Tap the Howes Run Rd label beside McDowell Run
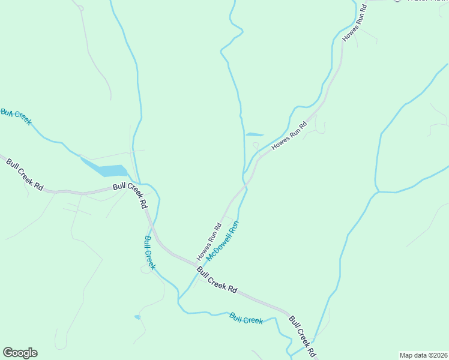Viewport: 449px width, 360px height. [209, 242]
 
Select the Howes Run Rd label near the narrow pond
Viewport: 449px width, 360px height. [289, 136]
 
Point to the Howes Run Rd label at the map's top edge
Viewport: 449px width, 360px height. [354, 23]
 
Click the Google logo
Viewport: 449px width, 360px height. [20, 353]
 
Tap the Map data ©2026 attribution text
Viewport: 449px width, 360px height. [424, 355]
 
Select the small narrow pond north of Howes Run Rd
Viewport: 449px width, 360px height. [255, 134]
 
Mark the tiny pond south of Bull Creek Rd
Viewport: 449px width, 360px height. [137, 317]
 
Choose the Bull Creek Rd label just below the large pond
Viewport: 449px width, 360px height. [130, 196]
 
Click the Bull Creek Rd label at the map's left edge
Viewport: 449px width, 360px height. [25, 175]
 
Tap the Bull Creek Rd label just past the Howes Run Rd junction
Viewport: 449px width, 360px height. [216, 280]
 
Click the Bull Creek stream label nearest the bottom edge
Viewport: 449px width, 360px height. [246, 318]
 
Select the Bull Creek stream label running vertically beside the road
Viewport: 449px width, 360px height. [150, 252]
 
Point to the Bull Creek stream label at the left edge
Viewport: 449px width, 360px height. [16, 116]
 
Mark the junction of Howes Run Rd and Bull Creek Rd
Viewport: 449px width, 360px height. [196, 264]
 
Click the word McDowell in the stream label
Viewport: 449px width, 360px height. [218, 252]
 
